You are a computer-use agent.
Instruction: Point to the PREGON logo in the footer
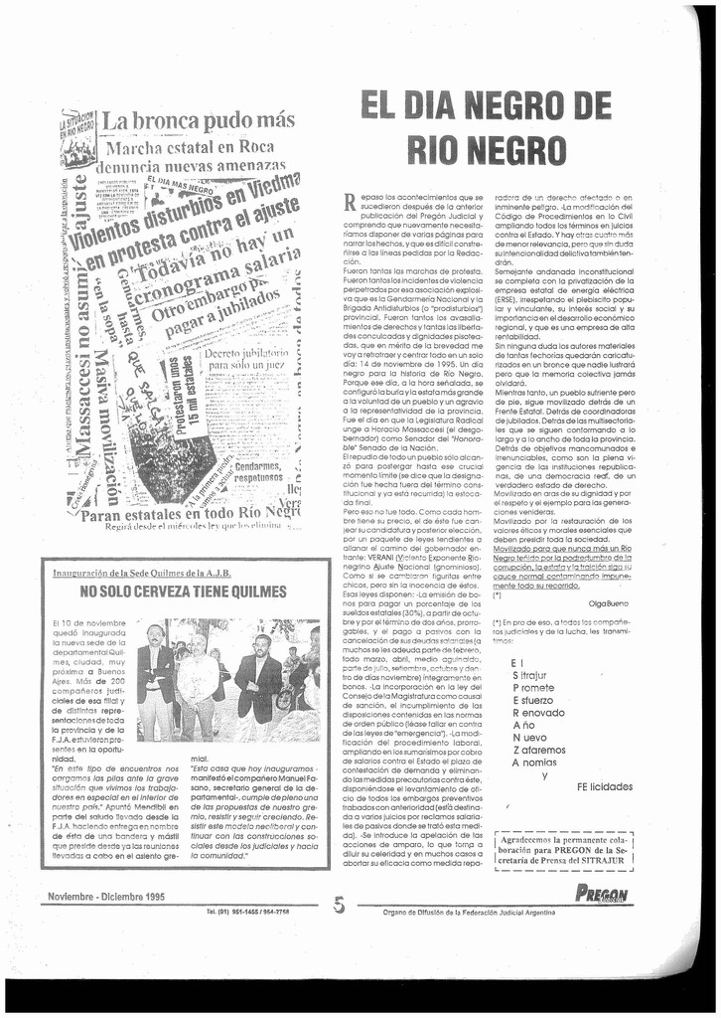pyautogui.click(x=602, y=895)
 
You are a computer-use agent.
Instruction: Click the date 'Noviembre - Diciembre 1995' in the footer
pyautogui.click(x=106, y=897)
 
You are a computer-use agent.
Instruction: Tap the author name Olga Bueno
pyautogui.click(x=609, y=603)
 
